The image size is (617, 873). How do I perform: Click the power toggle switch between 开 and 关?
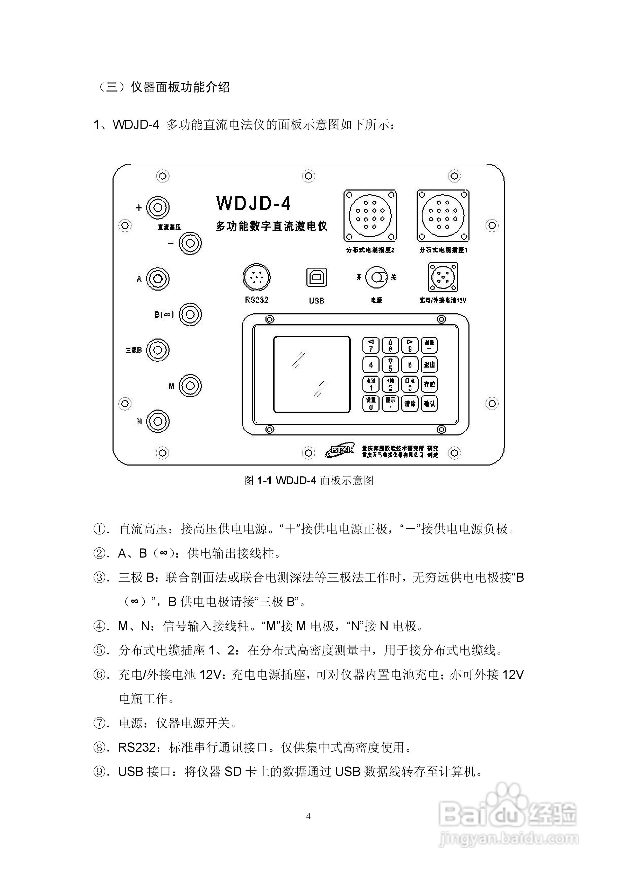point(377,277)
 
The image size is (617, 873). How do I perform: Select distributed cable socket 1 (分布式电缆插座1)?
point(443,216)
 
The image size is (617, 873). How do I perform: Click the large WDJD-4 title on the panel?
point(254,203)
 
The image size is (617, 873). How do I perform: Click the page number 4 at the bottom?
point(308,816)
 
